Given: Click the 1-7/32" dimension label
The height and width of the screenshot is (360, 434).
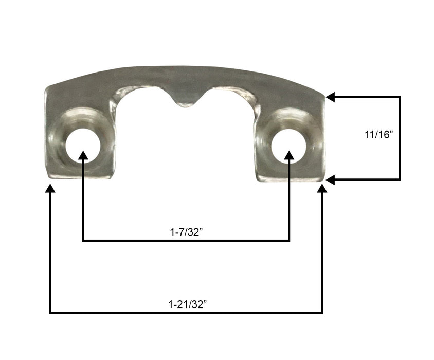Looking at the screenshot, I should click(186, 232).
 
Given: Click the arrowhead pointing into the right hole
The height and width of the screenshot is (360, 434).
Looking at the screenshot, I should click(289, 157).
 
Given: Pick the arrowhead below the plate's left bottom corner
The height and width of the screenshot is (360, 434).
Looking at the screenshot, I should click(50, 189).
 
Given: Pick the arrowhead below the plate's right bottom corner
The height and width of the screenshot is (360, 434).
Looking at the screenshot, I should click(322, 189).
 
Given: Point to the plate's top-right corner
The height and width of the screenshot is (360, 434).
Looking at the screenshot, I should click(324, 96).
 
